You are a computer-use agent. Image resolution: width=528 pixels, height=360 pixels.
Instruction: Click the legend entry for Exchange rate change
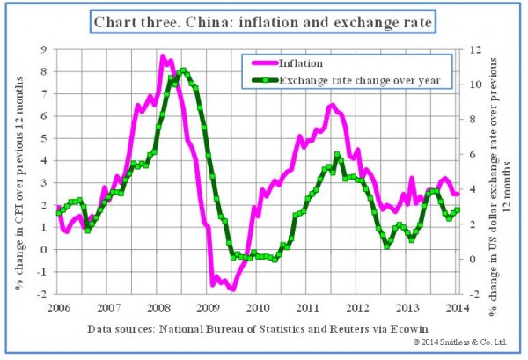click(x=361, y=81)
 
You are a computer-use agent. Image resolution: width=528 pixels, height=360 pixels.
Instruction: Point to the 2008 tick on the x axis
click(x=158, y=306)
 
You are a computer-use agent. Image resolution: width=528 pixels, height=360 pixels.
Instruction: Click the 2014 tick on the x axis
click(x=454, y=306)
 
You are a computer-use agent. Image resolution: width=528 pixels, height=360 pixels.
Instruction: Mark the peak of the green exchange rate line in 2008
click(x=182, y=70)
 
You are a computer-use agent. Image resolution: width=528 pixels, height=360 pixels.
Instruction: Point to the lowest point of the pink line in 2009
click(x=232, y=288)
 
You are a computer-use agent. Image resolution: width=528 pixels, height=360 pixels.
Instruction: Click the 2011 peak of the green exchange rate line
click(x=338, y=155)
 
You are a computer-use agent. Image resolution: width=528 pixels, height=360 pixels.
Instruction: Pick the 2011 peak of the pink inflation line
click(x=332, y=106)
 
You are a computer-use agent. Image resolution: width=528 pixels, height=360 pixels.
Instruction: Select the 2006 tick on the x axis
click(x=59, y=306)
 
